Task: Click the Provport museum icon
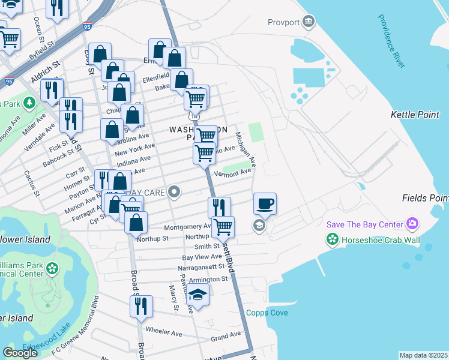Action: click(x=309, y=22)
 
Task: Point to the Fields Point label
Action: click(x=424, y=198)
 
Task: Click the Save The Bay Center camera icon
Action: click(x=412, y=224)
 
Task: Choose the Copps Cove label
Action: click(x=267, y=313)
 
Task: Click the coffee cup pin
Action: click(x=265, y=203)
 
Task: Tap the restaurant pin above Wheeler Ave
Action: click(x=141, y=306)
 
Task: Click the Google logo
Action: click(x=20, y=352)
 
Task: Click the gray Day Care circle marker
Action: click(x=174, y=193)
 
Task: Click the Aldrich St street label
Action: click(x=47, y=71)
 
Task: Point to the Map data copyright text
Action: click(x=423, y=355)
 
